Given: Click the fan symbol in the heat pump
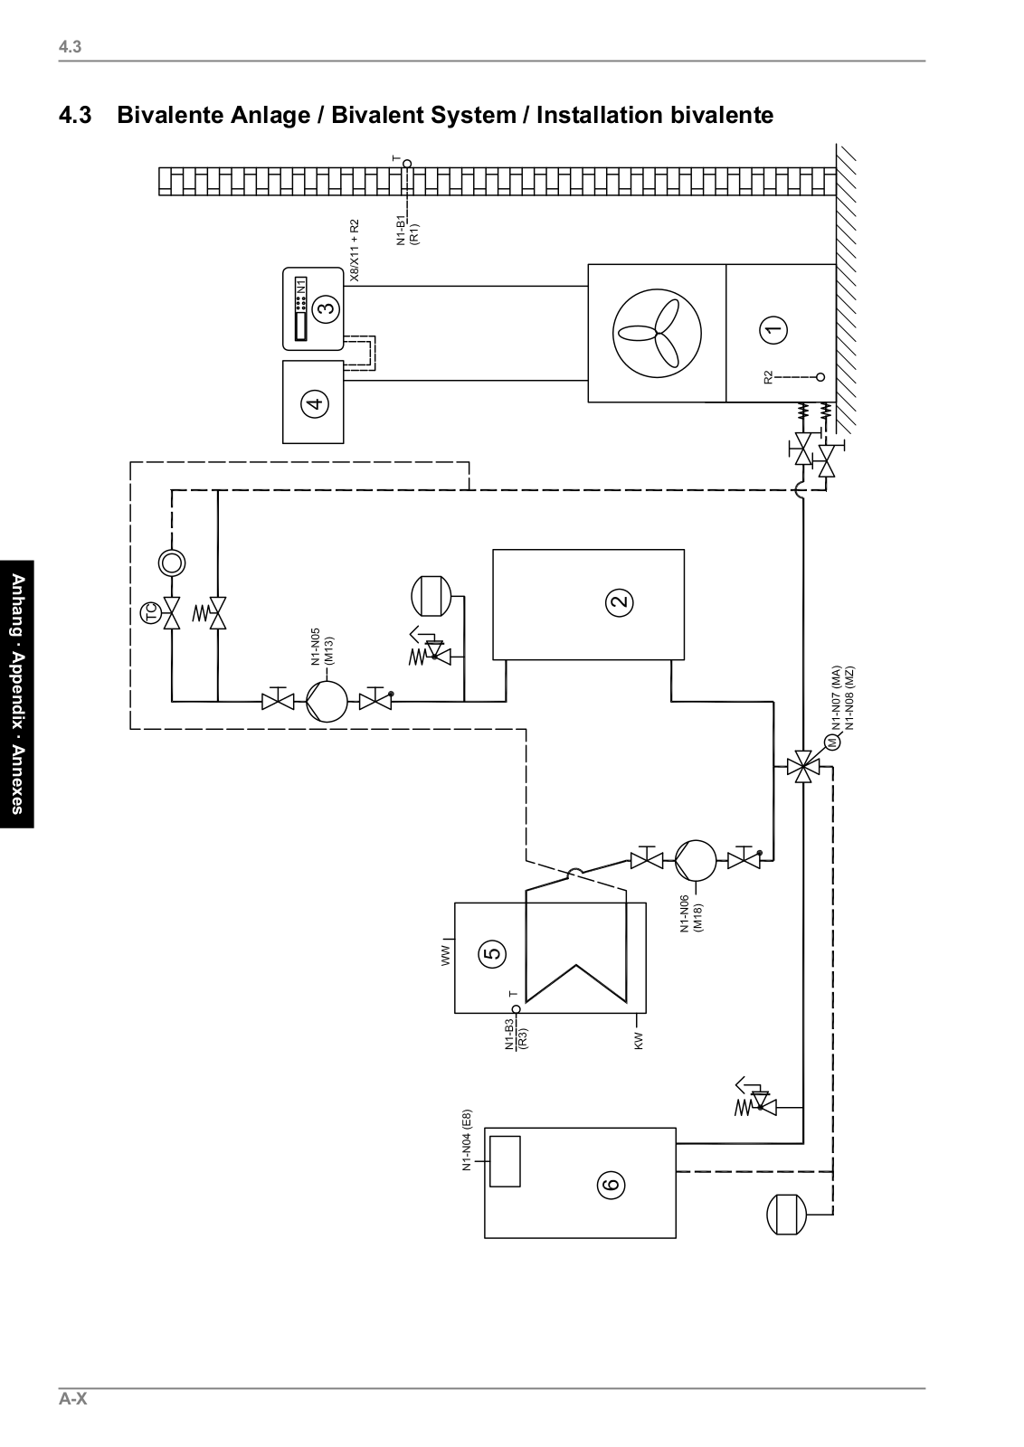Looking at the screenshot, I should [657, 332].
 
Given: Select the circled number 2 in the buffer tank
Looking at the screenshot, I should [620, 601].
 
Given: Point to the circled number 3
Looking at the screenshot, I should [326, 307].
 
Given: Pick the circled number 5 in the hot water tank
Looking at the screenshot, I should [493, 952].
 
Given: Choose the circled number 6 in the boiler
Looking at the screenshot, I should [611, 1183].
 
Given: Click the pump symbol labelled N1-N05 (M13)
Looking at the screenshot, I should [326, 700].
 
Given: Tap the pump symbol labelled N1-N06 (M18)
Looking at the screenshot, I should [695, 859].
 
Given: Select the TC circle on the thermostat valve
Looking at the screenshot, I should [149, 615].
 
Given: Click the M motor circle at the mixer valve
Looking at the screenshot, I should [831, 743].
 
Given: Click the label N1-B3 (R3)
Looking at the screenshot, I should [516, 1034].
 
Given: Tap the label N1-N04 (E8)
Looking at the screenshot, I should [467, 1140].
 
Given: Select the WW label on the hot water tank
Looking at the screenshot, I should [445, 957].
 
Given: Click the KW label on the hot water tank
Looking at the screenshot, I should [638, 1041].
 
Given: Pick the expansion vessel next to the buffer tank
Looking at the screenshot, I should [431, 595].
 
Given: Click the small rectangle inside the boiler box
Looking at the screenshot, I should [505, 1161].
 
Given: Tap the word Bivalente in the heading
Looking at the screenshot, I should [175, 116].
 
